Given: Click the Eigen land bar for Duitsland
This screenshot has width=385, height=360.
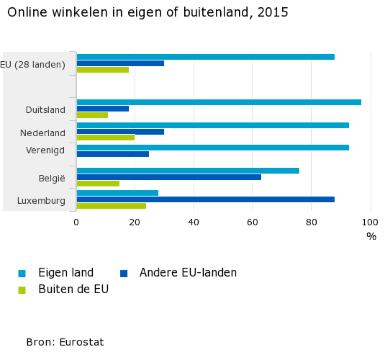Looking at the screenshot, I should pyautogui.click(x=219, y=102).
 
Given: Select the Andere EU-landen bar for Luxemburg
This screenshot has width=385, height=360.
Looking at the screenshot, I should pyautogui.click(x=205, y=199).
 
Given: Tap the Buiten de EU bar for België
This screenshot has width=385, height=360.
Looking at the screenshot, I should pyautogui.click(x=98, y=183).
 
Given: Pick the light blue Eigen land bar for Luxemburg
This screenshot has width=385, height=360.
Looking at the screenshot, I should pyautogui.click(x=118, y=193).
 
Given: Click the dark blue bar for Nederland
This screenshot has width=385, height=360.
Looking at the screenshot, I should pyautogui.click(x=120, y=132).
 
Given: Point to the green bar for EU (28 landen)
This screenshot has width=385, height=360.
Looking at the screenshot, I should pyautogui.click(x=103, y=70).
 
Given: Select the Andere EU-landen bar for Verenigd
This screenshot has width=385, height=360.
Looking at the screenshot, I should pyautogui.click(x=113, y=154).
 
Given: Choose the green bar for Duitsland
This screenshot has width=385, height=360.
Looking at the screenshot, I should pyautogui.click(x=92, y=115).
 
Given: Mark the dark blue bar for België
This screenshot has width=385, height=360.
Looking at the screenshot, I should pyautogui.click(x=169, y=177).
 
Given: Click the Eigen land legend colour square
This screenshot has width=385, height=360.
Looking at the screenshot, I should pyautogui.click(x=22, y=273).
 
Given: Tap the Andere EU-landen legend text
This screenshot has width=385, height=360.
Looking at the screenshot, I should pyautogui.click(x=188, y=273).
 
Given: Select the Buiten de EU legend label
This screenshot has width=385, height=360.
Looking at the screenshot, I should pyautogui.click(x=73, y=289).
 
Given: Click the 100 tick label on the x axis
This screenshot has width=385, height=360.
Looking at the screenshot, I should pyautogui.click(x=371, y=222).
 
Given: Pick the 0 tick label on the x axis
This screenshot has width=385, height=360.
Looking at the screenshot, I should pyautogui.click(x=76, y=222).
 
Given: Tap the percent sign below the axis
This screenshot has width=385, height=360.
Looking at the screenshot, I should pyautogui.click(x=371, y=237).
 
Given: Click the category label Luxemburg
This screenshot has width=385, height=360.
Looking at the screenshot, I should pyautogui.click(x=41, y=201).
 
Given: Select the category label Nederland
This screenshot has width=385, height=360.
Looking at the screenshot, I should pyautogui.click(x=43, y=133).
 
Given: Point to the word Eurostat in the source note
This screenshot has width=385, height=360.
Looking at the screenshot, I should pyautogui.click(x=82, y=342).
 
